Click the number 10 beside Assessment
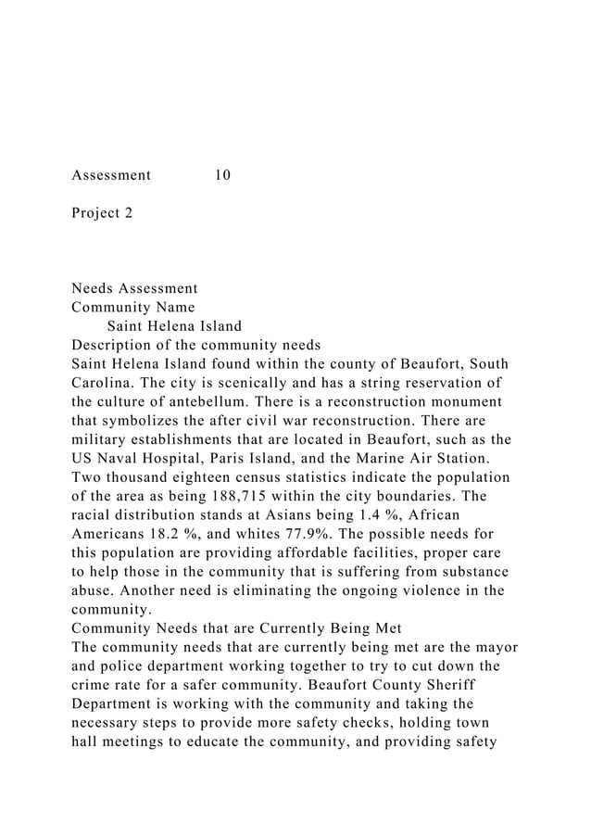[222, 174]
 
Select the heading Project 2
[102, 213]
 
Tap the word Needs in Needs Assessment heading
[94, 288]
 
